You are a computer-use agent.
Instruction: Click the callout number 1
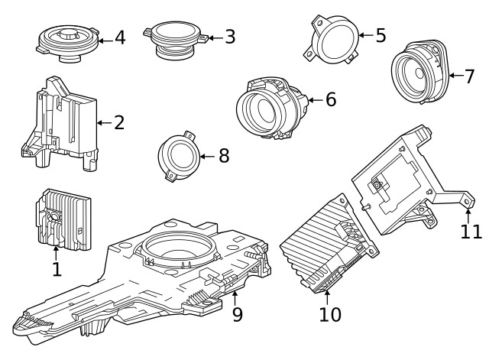click(56, 268)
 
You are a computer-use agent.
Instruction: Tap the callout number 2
click(118, 122)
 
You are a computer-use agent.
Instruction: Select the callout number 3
click(229, 37)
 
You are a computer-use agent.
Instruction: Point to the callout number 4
click(120, 37)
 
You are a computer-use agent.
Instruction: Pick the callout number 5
click(381, 35)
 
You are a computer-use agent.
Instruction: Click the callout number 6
click(330, 99)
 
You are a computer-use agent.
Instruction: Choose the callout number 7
click(468, 76)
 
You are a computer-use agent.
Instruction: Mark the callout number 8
click(223, 156)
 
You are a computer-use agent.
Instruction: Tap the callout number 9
click(237, 313)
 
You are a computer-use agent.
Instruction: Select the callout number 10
click(330, 313)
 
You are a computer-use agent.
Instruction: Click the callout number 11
click(471, 230)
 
